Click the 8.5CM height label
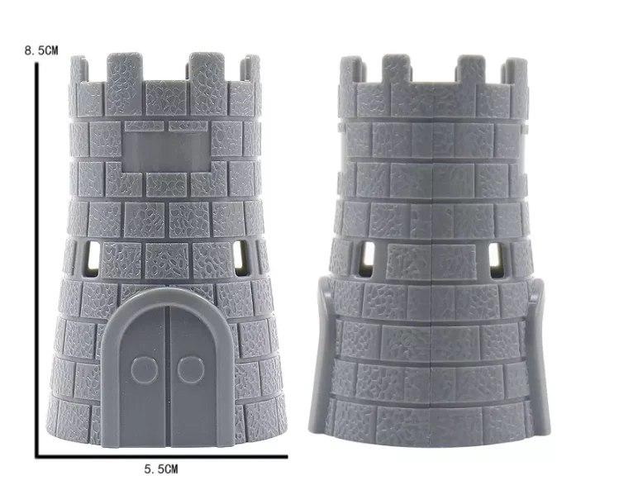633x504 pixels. [41, 50]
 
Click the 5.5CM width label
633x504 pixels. [160, 469]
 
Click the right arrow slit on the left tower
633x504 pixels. [241, 258]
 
